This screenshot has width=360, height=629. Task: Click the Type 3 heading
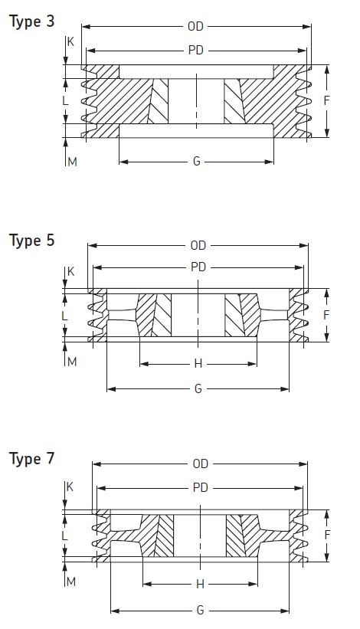click(31, 21)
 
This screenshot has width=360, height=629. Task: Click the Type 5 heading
click(31, 241)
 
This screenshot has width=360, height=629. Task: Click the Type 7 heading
click(31, 459)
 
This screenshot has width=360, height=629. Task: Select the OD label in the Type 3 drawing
click(195, 27)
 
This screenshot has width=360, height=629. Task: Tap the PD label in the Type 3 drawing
click(196, 50)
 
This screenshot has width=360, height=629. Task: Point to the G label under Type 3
click(196, 161)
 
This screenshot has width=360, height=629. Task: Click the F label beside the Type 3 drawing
click(327, 100)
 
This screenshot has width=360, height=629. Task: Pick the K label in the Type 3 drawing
click(70, 41)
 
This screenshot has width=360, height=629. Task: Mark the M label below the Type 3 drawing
click(72, 162)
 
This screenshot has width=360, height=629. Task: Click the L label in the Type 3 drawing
click(65, 100)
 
